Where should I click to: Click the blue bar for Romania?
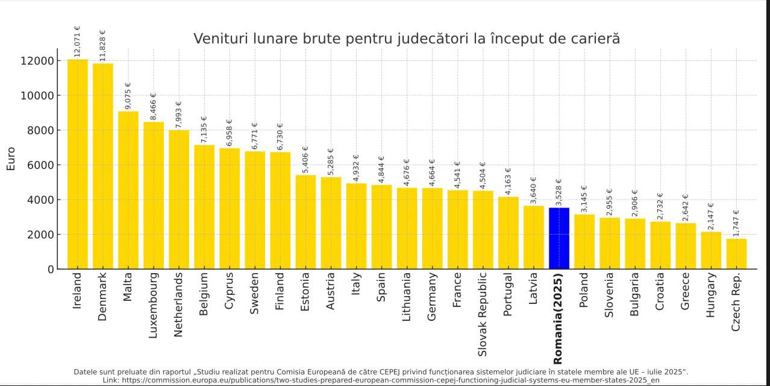click(559, 238)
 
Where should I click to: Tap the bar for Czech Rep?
click(736, 254)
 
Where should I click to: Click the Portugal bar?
click(508, 233)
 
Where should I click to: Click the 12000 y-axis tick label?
click(36, 61)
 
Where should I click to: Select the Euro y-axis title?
click(11, 158)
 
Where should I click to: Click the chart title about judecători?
click(406, 39)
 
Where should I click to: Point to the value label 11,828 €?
click(102, 45)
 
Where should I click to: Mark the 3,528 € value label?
click(559, 192)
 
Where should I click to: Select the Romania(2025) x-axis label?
click(558, 318)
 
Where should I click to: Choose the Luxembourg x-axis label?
click(153, 305)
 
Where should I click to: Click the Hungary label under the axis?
click(711, 295)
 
